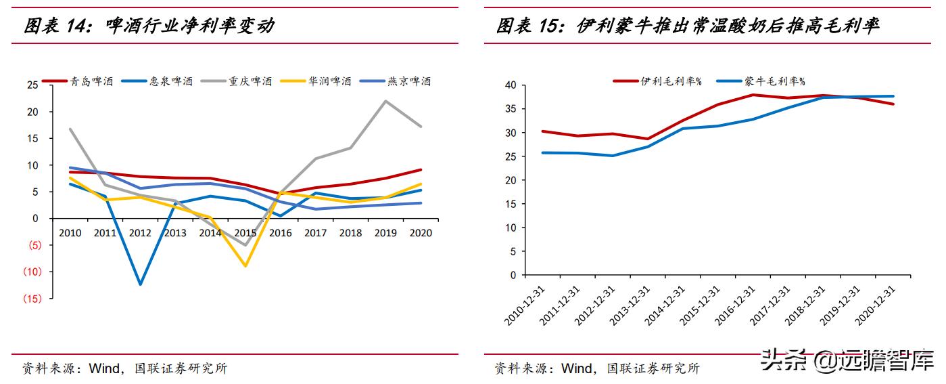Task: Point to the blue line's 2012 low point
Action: (140, 284)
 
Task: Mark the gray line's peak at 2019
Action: (385, 101)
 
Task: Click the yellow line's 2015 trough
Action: (245, 266)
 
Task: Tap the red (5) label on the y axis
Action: (32, 245)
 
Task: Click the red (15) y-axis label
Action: (32, 299)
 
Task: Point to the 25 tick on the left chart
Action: (32, 85)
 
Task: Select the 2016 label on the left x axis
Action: (280, 233)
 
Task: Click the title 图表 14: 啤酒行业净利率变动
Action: (149, 26)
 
